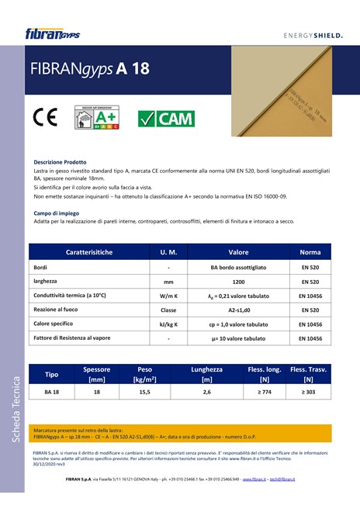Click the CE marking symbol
pos(46,118)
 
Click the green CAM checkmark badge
pos(166,119)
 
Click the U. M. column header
pos(168,252)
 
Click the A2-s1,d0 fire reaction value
pos(238,310)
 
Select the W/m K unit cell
pos(168,296)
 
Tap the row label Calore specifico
pos(58,324)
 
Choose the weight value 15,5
pos(144,393)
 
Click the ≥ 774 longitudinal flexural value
pos(265,393)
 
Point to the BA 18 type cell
pos(52,393)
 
